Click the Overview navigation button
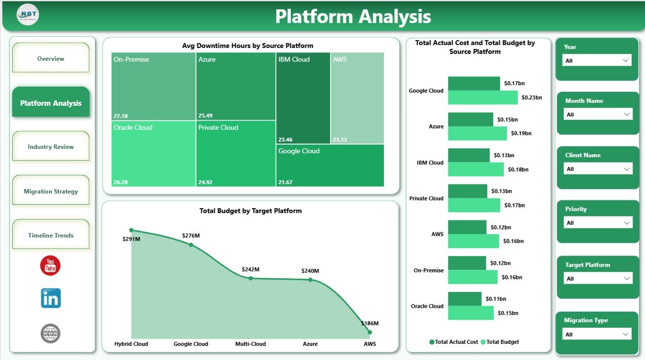(50, 58)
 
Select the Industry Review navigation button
(50, 147)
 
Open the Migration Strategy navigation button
(50, 191)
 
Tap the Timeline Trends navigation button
(50, 235)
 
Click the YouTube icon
(50, 265)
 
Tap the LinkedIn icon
(50, 298)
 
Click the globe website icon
(50, 333)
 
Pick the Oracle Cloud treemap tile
(154, 153)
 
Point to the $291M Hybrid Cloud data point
(132, 230)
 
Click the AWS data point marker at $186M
(370, 332)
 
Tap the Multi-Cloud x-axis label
(250, 344)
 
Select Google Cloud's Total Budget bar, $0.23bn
(482, 98)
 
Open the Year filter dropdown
(597, 61)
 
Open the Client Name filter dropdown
(597, 169)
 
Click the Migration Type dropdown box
(597, 334)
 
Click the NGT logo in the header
(28, 15)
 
